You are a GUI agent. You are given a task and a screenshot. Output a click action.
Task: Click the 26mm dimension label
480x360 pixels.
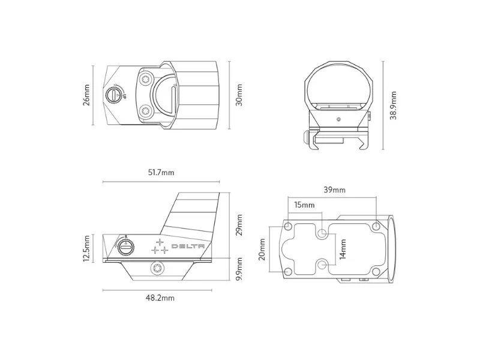point(86,95)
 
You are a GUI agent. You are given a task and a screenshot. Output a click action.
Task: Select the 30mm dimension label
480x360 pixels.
point(239,95)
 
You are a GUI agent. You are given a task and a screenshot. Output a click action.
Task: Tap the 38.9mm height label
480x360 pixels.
point(394,106)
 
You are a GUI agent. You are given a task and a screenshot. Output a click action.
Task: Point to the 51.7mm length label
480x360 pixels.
point(161,172)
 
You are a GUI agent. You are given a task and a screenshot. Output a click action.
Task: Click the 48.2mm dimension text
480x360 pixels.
point(160,298)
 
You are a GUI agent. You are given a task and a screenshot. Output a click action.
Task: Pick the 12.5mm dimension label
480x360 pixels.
point(86,248)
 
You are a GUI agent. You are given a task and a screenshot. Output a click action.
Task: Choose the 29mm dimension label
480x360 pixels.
point(239,224)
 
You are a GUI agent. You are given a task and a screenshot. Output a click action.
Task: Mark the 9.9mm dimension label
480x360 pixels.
point(239,268)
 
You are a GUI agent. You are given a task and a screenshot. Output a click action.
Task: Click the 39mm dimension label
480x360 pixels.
point(335,190)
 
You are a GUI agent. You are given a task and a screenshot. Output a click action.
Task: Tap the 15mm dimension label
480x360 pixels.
point(304,205)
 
